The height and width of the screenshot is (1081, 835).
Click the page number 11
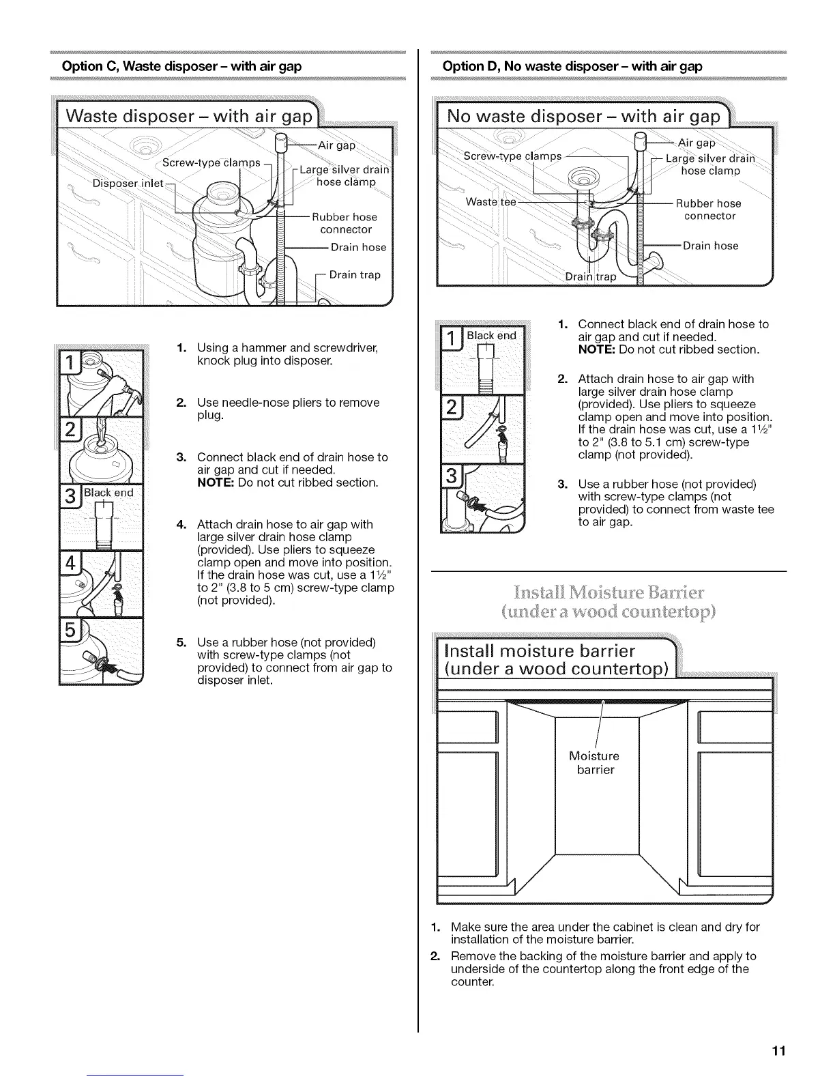(x=779, y=1050)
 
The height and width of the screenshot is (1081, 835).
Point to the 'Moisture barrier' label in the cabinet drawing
(x=594, y=763)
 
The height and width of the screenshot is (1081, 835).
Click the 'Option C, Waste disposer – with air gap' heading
(x=181, y=66)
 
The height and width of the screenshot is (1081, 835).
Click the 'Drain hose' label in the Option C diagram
(x=358, y=247)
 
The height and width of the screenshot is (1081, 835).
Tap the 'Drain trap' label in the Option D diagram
(x=591, y=276)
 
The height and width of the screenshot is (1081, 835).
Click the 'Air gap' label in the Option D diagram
(x=696, y=143)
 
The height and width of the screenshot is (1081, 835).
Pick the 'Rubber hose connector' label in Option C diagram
(x=345, y=223)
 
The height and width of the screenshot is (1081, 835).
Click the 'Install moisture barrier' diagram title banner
(x=551, y=658)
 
